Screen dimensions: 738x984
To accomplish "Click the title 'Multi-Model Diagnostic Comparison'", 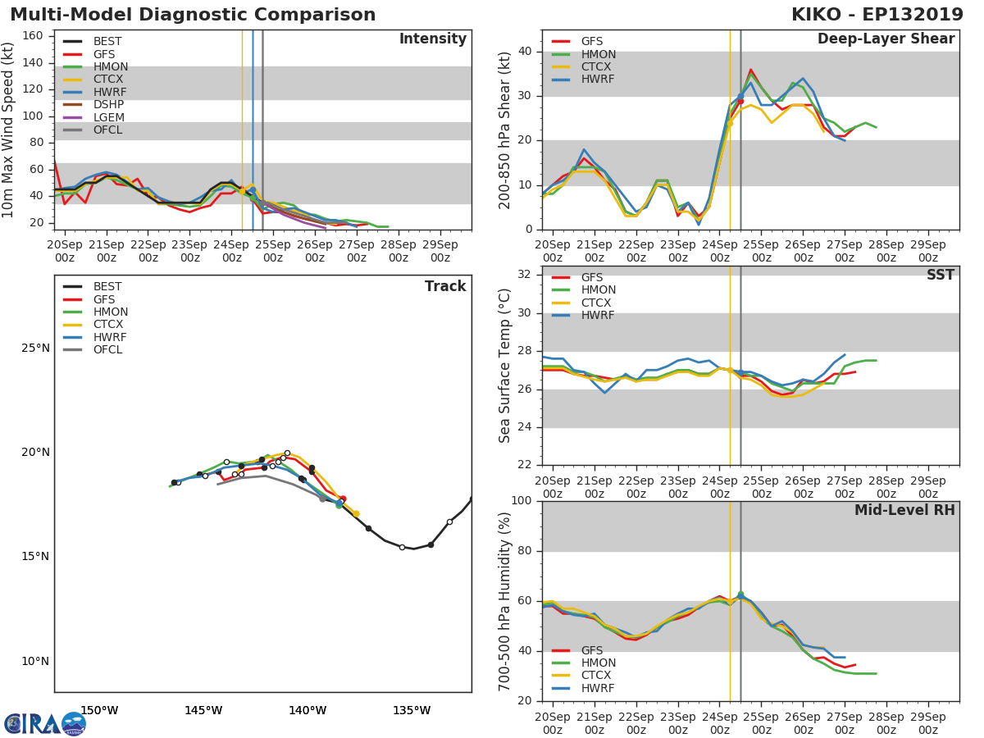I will coord(193,15).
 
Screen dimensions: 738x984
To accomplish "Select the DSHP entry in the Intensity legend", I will coord(108,105).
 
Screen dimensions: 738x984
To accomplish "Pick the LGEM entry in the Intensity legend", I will coord(108,117).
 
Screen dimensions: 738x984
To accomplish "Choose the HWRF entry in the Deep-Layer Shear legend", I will coord(597,80).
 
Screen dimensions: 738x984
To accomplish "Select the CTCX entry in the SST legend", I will coord(597,303).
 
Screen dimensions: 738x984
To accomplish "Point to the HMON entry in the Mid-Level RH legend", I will coord(597,663).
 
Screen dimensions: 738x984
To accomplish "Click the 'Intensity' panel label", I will coord(432,39).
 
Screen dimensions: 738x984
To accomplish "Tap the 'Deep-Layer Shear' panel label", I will coord(886,39).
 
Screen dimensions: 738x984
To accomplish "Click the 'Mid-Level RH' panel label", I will coord(904,510).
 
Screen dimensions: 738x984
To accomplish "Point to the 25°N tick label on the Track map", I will coord(35,348).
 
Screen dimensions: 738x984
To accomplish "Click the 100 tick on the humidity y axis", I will coord(523,501).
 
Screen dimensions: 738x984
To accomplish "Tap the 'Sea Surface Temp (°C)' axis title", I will coord(505,366).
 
